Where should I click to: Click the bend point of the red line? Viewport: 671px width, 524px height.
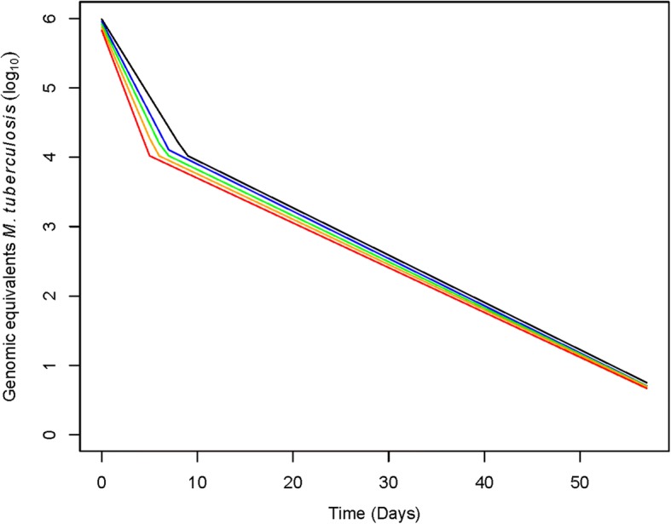click(150, 155)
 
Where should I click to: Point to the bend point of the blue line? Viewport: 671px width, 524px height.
click(169, 150)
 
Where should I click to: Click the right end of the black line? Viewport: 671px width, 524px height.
click(647, 383)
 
